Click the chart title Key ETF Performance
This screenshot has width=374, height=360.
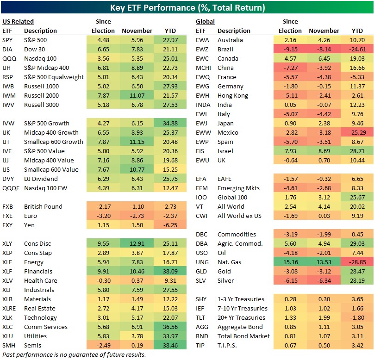click(187, 7)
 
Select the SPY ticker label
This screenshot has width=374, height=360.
click(8, 40)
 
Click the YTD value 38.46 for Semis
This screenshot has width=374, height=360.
click(171, 345)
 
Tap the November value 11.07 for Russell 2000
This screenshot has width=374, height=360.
click(137, 95)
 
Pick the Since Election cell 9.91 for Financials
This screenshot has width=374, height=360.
click(103, 271)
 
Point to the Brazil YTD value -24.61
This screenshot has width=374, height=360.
click(357, 49)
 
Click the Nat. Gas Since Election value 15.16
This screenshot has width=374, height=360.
click(291, 262)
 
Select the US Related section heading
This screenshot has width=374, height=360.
click(18, 21)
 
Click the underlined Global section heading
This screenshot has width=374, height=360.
click(205, 21)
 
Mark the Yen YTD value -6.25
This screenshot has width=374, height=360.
click(171, 225)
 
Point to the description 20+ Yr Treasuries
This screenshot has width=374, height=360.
click(241, 317)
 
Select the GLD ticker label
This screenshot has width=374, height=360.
click(202, 271)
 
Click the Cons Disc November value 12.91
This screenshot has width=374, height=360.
click(137, 243)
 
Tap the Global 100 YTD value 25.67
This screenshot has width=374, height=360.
click(357, 197)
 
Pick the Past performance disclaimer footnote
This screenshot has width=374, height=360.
click(74, 354)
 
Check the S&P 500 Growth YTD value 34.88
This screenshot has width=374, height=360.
click(171, 123)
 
